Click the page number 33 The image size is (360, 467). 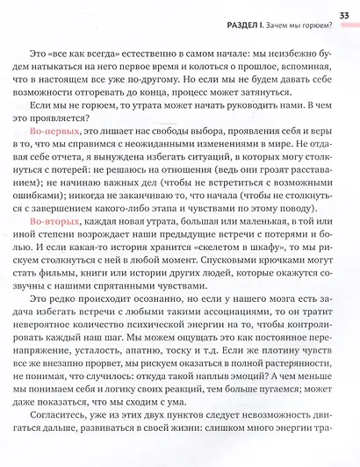coord(343,11)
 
